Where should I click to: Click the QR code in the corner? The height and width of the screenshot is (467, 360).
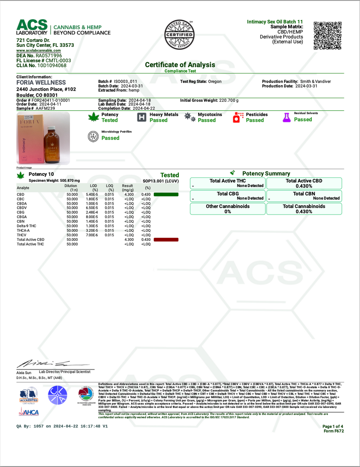327,36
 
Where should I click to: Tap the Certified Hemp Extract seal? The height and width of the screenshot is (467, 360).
179,34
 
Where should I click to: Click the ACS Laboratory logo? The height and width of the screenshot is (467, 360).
32,27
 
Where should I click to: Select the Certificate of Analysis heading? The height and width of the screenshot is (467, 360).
180,65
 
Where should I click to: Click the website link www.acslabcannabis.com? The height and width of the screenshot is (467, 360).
38,51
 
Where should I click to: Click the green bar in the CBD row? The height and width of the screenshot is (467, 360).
166,194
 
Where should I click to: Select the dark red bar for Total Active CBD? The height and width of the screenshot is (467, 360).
166,240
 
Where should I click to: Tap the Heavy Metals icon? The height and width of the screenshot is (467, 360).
141,117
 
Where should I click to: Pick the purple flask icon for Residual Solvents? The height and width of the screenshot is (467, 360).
287,117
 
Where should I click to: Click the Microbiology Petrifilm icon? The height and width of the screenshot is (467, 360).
93,136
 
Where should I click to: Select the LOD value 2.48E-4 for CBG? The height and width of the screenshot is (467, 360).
92,212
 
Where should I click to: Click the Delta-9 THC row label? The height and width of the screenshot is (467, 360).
26,226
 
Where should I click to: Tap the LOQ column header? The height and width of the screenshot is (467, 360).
110,187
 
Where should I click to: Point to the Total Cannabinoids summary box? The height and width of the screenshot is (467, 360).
304,209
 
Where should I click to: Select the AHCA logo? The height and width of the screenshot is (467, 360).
29,412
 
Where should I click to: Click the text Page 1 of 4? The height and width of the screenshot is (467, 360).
333,426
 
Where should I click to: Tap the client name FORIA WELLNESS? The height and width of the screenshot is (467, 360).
41,83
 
